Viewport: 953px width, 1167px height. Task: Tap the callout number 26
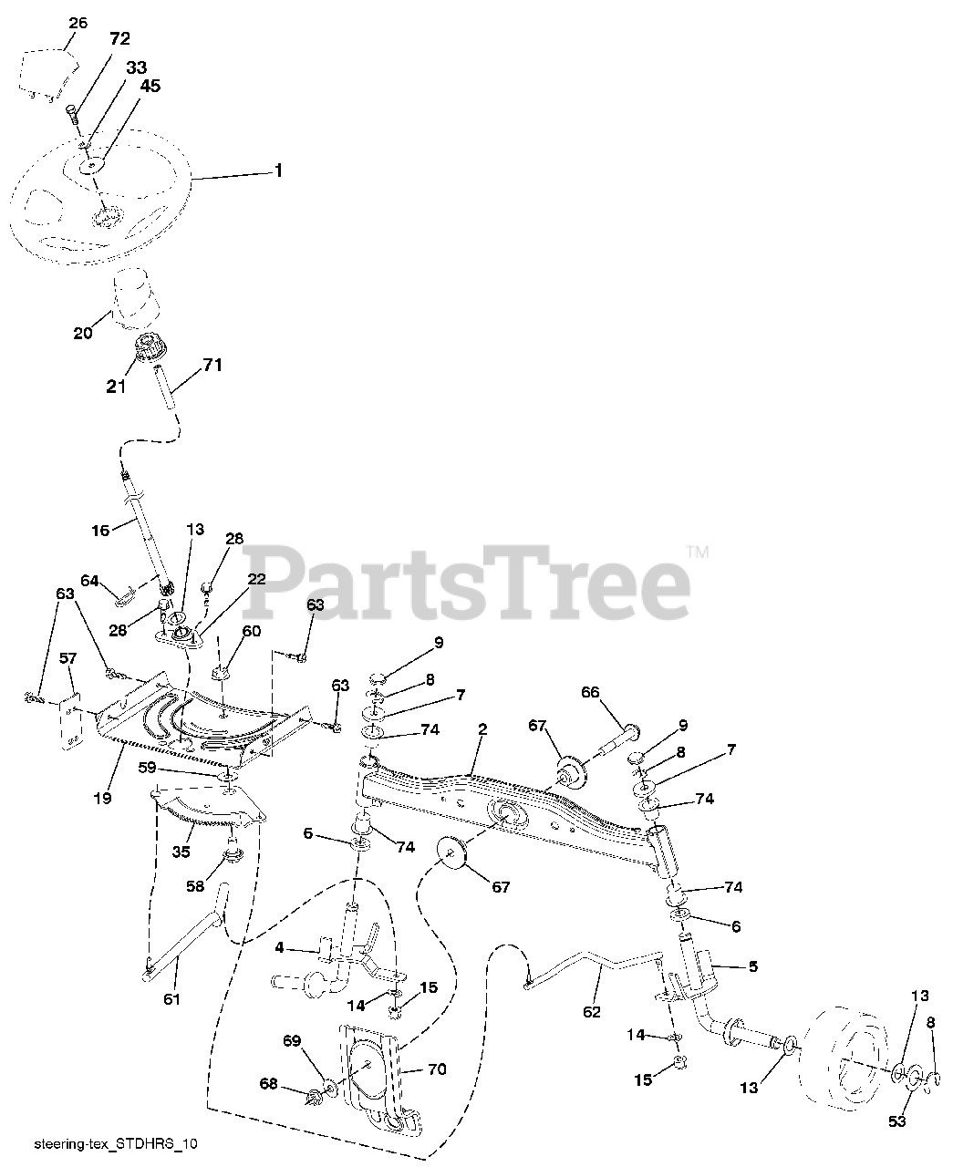[78, 23]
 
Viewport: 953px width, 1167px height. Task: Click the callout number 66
[590, 693]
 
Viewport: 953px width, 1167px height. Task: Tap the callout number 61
[171, 999]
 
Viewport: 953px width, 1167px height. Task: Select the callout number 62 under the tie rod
[592, 1011]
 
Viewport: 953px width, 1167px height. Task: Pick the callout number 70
[437, 1069]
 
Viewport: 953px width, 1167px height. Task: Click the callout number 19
[102, 798]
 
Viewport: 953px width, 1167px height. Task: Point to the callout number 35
[181, 853]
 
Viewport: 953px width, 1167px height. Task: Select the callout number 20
[83, 334]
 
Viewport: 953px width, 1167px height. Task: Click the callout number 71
[212, 365]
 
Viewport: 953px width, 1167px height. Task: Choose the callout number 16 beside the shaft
[100, 529]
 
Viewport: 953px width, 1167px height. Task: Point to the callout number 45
[150, 86]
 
